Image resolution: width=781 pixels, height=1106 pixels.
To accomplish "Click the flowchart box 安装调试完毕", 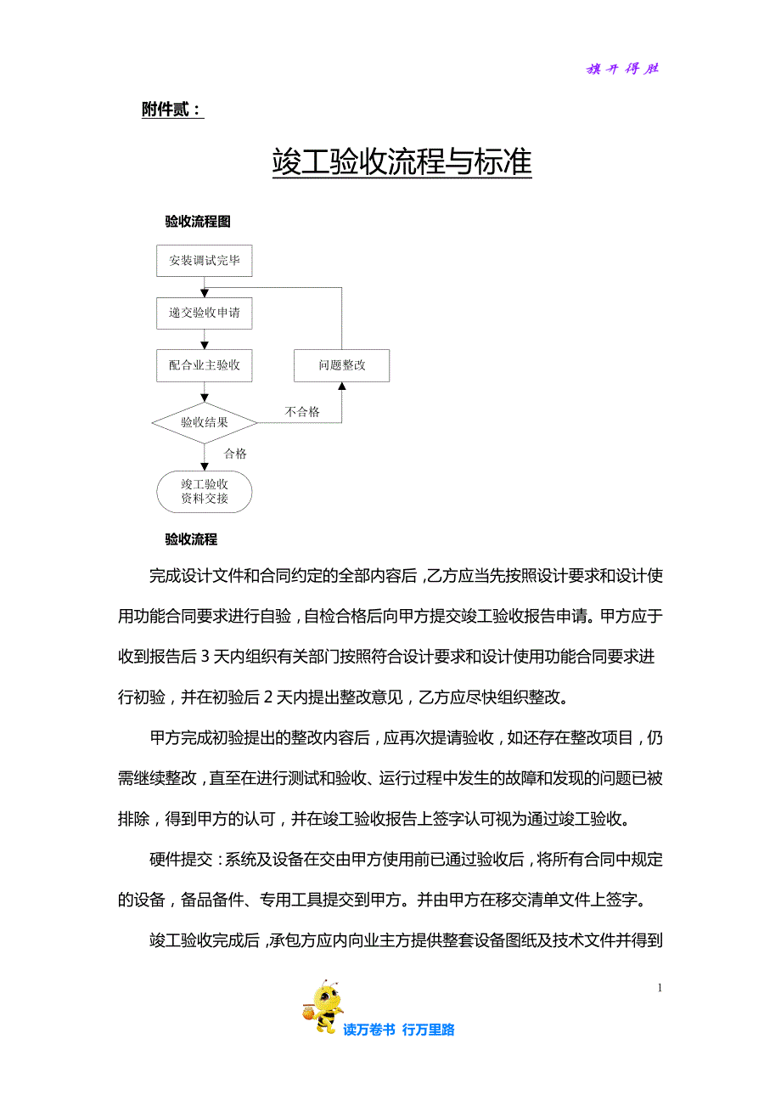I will (205, 261).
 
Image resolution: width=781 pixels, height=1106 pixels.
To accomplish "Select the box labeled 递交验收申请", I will (205, 313).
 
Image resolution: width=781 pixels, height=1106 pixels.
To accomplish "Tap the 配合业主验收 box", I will (205, 365).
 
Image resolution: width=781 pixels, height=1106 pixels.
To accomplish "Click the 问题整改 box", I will (342, 365).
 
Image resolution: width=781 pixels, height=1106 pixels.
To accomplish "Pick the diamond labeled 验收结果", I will (205, 422).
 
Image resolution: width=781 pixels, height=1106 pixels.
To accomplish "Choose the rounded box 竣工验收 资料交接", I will (205, 492).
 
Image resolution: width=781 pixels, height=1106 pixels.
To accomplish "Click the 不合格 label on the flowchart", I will (302, 412).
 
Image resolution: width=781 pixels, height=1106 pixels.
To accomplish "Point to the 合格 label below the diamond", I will (235, 454).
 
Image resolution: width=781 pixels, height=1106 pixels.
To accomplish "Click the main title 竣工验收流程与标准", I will (402, 161).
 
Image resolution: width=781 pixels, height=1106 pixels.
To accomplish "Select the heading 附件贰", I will (172, 110).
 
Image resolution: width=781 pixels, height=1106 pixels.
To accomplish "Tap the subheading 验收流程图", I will (198, 222).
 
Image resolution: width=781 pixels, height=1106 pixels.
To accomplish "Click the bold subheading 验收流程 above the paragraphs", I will (191, 539).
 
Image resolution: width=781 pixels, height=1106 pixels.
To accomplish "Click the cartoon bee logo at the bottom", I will (322, 1007).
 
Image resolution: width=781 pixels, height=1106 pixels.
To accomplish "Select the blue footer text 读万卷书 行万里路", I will (399, 1030).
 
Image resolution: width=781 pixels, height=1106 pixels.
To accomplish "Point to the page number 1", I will (660, 987).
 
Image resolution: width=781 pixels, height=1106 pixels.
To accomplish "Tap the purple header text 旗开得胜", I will (622, 69).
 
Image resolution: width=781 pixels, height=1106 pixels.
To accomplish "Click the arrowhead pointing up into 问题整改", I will (342, 387).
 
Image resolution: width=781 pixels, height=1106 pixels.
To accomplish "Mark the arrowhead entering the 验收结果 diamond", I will (205, 397).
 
